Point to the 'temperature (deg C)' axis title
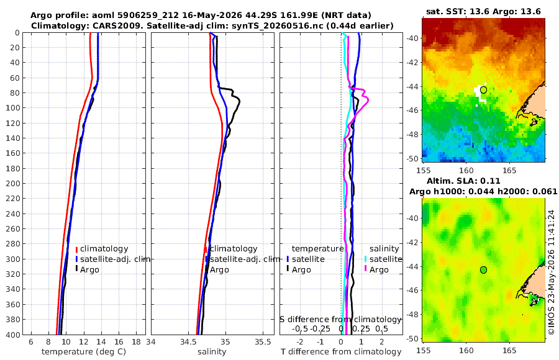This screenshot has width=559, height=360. pos(84,352)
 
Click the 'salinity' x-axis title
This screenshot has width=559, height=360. pos(212,352)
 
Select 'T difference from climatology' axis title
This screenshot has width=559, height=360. pos(341,352)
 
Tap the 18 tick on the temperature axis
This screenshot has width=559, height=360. pos(136,342)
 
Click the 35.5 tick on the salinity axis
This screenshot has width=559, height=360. pos(263,342)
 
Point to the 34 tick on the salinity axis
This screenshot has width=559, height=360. pos(151,342)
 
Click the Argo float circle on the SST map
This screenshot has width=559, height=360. pos(483,90)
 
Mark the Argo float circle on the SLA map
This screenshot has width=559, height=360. pos(483,270)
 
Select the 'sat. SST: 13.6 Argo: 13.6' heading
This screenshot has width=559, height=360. pos(483,11)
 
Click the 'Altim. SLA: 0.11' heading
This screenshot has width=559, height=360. pos(463,181)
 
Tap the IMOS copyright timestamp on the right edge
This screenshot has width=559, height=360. pos(552,272)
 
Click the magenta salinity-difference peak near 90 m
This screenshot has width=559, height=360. pos(367,100)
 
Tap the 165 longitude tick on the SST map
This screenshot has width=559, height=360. pos(509,170)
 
